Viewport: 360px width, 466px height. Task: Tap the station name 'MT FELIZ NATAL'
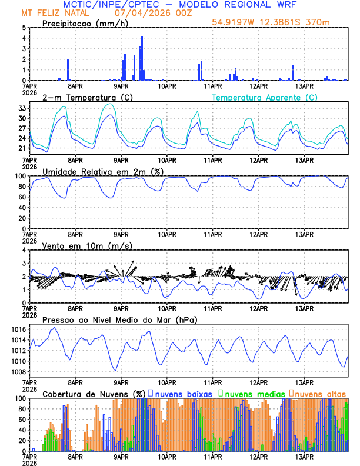coord(52,12)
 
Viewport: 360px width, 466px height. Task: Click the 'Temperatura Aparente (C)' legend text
coord(265,97)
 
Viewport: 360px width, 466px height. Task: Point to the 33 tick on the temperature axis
coord(22,108)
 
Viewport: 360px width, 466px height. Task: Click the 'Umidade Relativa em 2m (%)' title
coord(102,171)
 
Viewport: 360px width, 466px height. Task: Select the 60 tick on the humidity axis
coord(22,197)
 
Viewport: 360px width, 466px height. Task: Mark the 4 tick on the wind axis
coord(24,250)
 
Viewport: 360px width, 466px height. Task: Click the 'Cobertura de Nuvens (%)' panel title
coord(94,393)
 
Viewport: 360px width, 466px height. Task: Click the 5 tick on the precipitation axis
coord(24,28)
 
